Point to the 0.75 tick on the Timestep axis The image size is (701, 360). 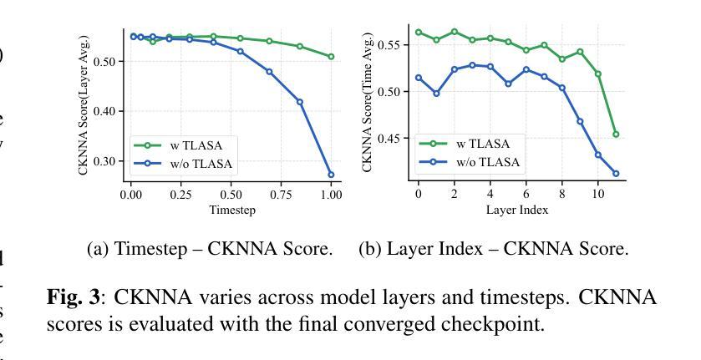[x=281, y=195]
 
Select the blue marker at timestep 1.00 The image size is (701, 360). [x=331, y=175]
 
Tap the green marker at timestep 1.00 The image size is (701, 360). [x=331, y=57]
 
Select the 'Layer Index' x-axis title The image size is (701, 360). [x=517, y=210]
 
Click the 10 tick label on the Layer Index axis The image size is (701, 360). [x=597, y=194]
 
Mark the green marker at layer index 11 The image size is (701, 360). [x=616, y=134]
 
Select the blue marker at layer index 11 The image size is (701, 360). [x=616, y=174]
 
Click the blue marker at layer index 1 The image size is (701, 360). [x=436, y=94]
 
